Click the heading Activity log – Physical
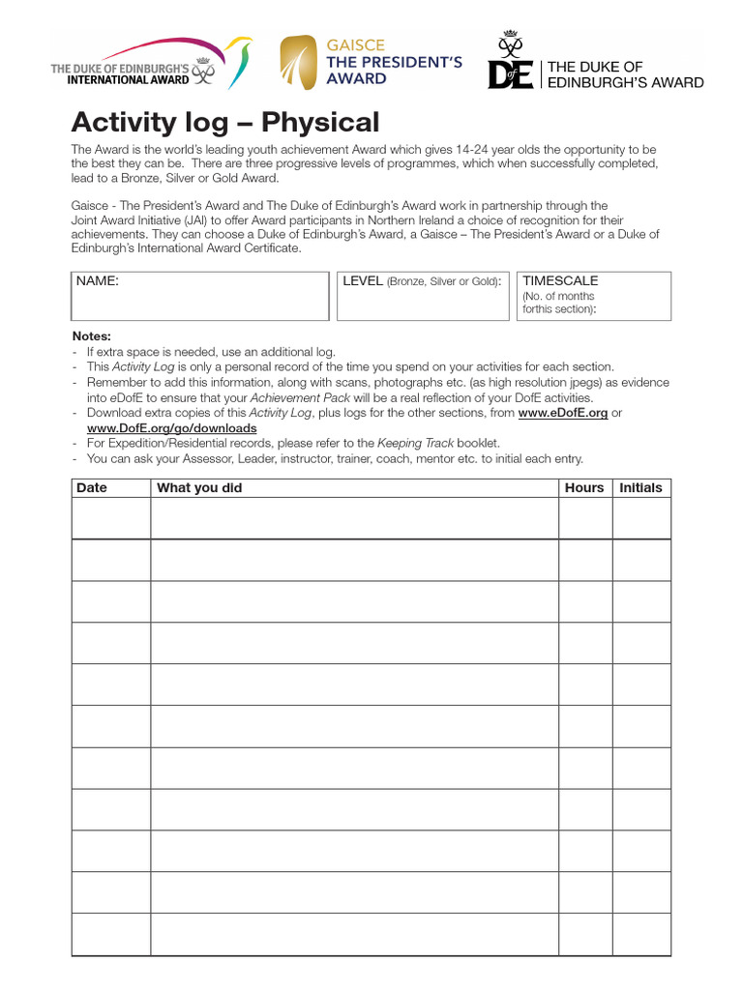[x=225, y=123]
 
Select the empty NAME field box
[x=200, y=302]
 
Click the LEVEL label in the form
[x=364, y=281]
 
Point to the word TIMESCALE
[x=560, y=281]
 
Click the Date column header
[x=92, y=488]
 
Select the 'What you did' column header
[x=199, y=488]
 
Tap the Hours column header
[x=584, y=488]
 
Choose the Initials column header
[x=640, y=488]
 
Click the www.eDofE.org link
[x=563, y=413]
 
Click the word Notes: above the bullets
[x=92, y=336]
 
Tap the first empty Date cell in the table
[x=110, y=518]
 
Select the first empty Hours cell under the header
[x=584, y=518]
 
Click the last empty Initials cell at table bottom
[x=641, y=934]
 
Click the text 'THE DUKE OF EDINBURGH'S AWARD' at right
[x=625, y=74]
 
